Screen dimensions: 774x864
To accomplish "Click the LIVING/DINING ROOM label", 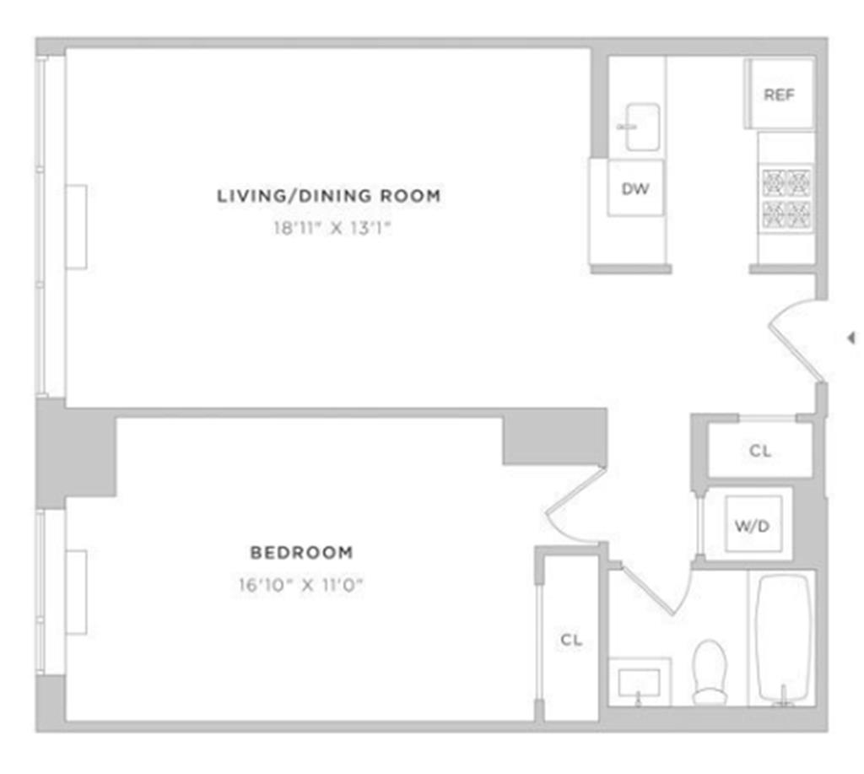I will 329,196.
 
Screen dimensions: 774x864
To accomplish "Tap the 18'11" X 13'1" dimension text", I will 329,227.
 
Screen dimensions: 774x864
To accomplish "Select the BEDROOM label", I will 301,553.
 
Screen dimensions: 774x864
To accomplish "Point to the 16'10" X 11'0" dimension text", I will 301,583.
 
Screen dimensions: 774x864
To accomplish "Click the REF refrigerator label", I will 779,95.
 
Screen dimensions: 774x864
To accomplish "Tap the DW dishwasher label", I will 635,189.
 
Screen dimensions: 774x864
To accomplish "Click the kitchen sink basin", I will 642,127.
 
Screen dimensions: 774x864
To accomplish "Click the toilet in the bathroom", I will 709,671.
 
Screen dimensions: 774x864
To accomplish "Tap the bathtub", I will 784,637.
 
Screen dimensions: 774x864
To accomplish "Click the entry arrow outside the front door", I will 850,338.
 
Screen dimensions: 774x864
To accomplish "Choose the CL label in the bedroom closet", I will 571,640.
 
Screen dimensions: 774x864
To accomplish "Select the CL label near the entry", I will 760,451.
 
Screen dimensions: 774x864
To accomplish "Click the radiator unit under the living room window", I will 76,226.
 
